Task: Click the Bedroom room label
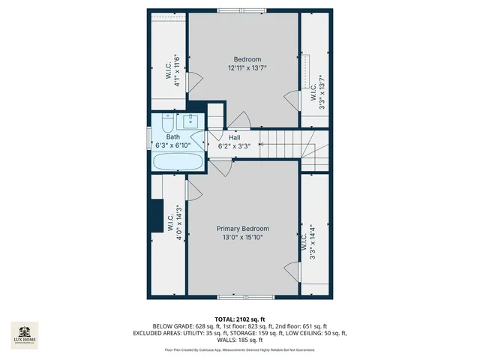click(247, 59)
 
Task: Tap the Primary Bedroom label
click(242, 229)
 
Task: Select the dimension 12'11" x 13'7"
click(247, 68)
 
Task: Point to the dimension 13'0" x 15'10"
click(242, 238)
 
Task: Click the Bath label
click(173, 137)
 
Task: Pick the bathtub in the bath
click(177, 161)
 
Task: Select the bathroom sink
click(190, 120)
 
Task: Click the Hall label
click(234, 138)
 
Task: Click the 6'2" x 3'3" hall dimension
click(234, 147)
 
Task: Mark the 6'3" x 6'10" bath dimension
click(173, 145)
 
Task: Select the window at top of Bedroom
click(241, 10)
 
